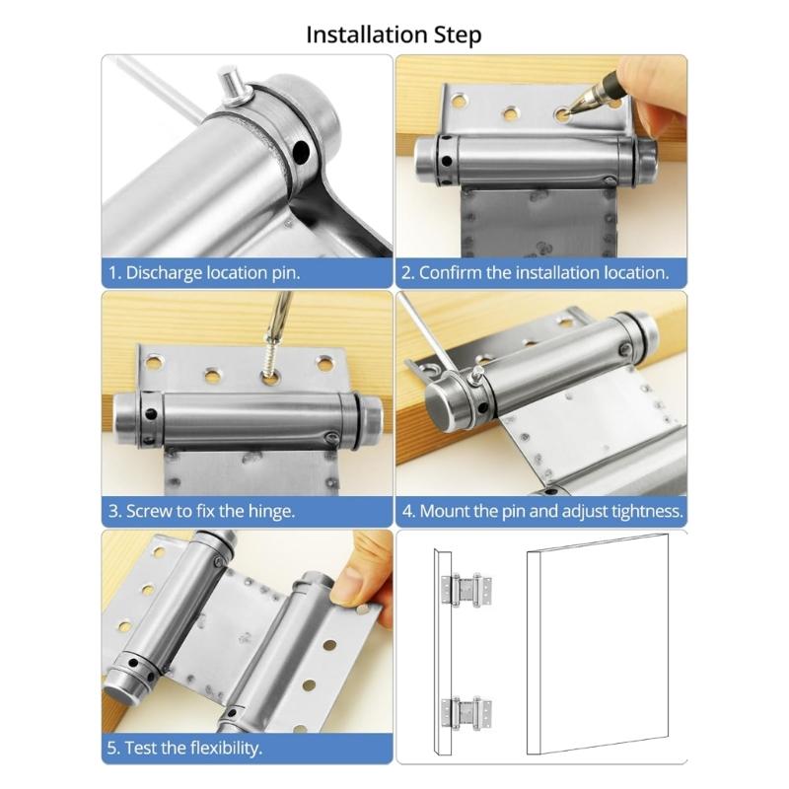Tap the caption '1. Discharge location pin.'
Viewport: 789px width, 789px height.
coord(204,272)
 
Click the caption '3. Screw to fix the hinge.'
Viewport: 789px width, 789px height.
coord(202,511)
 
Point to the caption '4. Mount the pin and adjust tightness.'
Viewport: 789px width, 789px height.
coord(541,511)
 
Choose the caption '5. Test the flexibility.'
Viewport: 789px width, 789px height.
coord(185,748)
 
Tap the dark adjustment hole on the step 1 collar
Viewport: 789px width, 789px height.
coord(298,151)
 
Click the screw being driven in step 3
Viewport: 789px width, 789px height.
coord(272,356)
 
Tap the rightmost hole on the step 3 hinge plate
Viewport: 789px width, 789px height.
coord(324,364)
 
